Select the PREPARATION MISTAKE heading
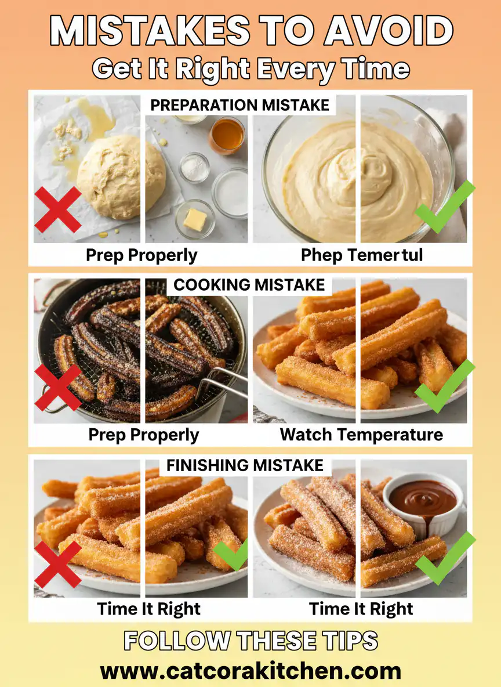(239, 105)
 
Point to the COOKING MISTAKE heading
(249, 285)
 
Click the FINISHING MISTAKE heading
(245, 465)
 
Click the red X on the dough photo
(58, 210)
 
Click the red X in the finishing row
(58, 564)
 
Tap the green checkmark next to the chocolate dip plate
(444, 558)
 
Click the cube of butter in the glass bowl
(195, 220)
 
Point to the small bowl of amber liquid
(227, 135)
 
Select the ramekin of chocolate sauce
(423, 500)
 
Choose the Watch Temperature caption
(361, 435)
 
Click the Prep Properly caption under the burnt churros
(143, 435)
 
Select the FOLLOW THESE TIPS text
(251, 641)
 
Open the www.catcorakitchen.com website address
(251, 671)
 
